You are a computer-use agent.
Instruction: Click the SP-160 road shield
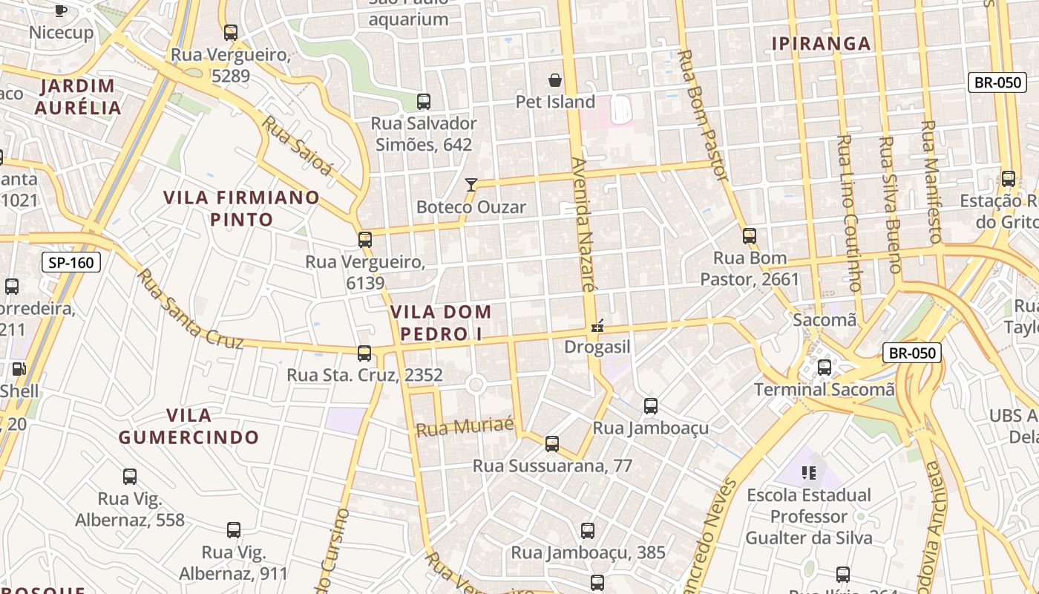[71, 262]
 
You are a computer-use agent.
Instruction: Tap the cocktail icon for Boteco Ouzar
[471, 184]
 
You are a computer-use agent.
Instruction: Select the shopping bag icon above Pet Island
[555, 80]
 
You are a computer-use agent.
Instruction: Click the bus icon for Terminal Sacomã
[824, 367]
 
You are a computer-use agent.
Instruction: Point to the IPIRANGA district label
[821, 44]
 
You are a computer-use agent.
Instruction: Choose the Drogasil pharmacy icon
[597, 326]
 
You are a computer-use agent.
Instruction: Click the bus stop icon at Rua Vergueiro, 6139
[364, 240]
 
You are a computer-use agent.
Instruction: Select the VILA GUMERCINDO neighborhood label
[189, 426]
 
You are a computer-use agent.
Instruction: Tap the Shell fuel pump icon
[19, 369]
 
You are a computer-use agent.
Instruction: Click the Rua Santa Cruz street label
[189, 310]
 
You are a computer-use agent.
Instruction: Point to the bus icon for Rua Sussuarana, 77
[551, 444]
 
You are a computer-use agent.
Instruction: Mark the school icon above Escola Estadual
[809, 472]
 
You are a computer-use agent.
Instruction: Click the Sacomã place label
[824, 320]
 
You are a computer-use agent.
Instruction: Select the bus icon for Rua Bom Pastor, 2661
[750, 236]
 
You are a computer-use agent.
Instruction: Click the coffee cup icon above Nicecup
[61, 10]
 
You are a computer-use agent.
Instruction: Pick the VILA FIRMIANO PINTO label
[241, 209]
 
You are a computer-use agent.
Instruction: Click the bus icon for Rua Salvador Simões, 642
[424, 102]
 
